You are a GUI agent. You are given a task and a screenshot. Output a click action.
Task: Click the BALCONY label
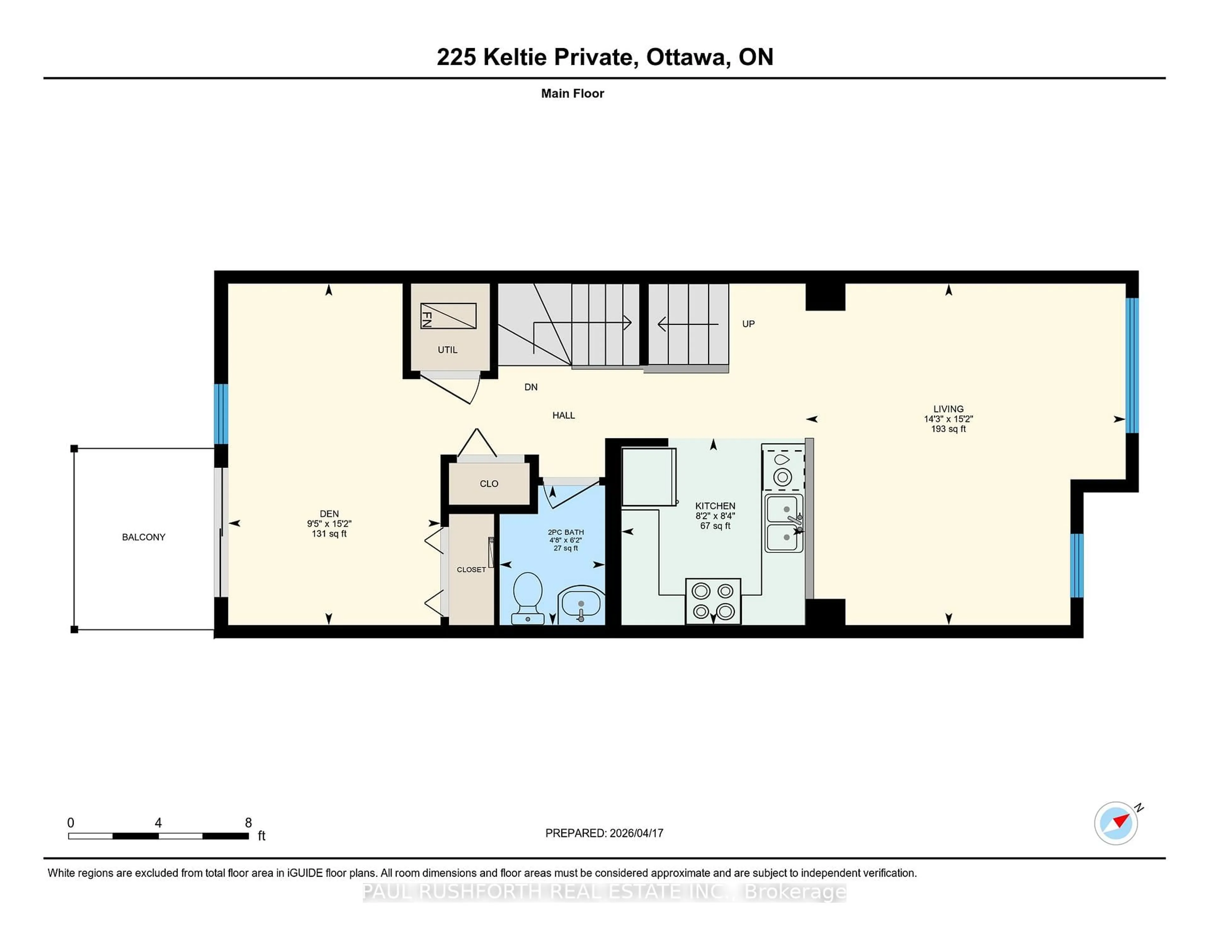click(x=143, y=537)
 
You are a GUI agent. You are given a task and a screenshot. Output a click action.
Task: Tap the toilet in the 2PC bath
click(x=528, y=596)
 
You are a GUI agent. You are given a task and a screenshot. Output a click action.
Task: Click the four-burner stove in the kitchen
click(x=713, y=601)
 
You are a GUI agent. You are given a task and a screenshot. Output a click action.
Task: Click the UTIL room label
click(x=447, y=350)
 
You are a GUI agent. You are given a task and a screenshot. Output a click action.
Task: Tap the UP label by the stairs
click(x=748, y=324)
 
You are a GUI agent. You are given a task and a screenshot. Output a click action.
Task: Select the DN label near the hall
click(x=530, y=387)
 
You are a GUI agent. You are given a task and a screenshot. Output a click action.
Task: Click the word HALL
click(x=564, y=415)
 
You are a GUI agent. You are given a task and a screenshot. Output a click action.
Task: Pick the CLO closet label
click(x=489, y=484)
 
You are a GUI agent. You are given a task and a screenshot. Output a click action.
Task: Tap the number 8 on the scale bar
click(x=248, y=823)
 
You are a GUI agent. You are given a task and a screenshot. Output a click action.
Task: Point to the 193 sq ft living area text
click(x=948, y=429)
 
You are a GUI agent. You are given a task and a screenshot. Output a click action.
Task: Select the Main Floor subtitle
click(x=572, y=93)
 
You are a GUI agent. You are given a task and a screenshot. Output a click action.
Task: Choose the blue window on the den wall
click(x=221, y=414)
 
